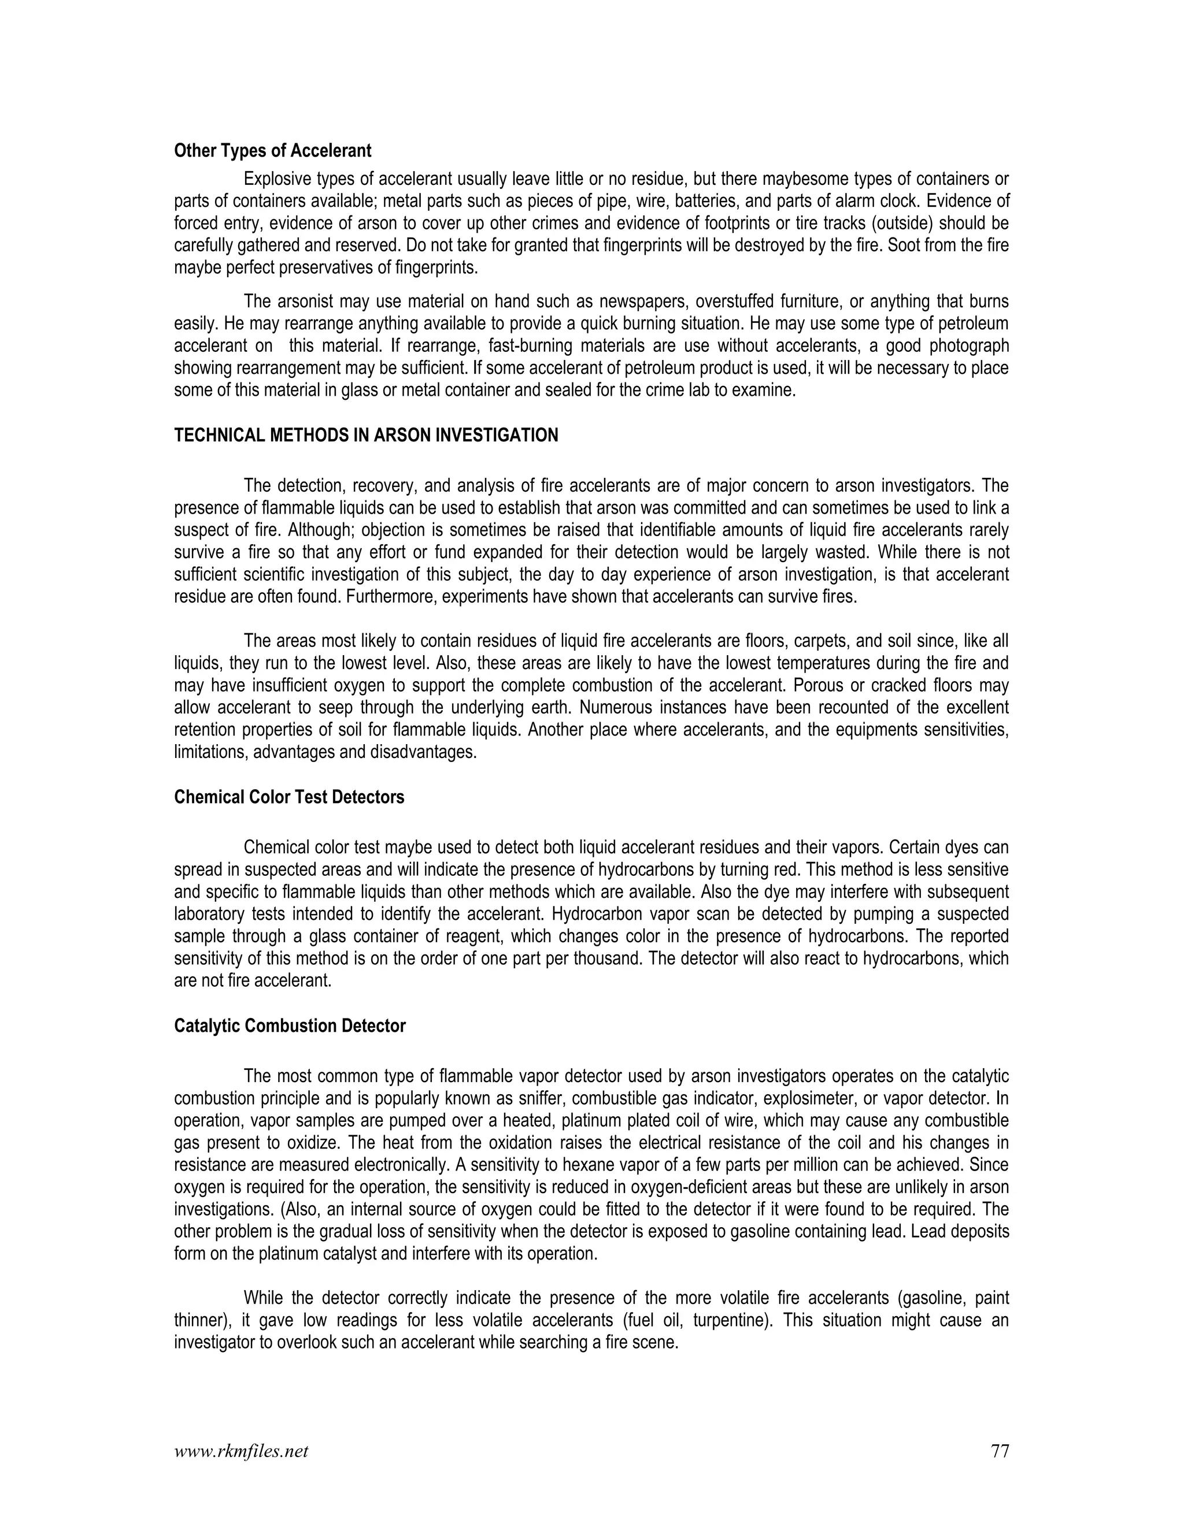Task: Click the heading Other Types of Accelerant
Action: click(x=272, y=151)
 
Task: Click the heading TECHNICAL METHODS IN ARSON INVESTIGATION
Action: click(x=365, y=436)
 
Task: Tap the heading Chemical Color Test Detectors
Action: click(x=289, y=797)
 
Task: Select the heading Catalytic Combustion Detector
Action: click(x=290, y=1025)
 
